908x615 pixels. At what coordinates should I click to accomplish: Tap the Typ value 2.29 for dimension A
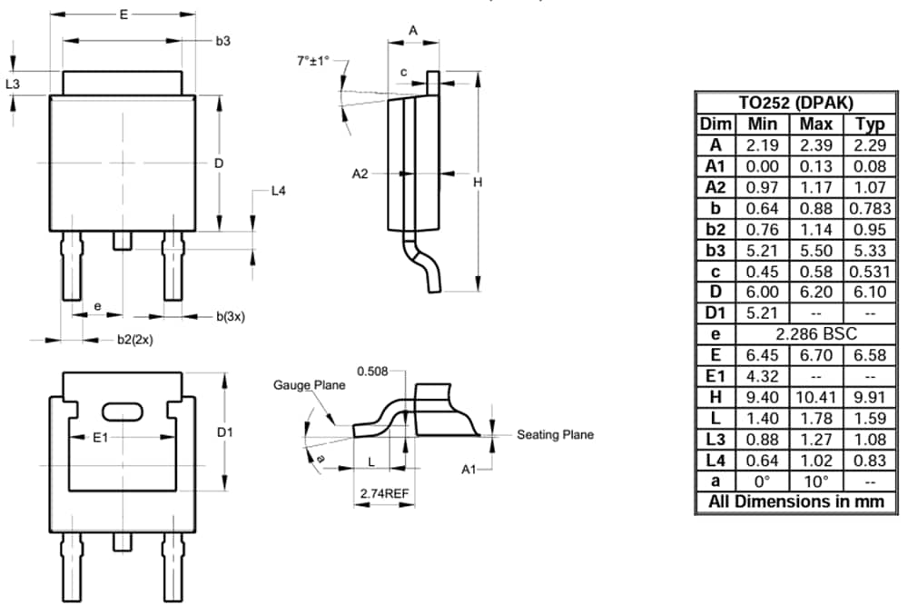866,145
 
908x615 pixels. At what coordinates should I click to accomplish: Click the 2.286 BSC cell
817,333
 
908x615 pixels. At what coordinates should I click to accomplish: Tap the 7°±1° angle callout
313,61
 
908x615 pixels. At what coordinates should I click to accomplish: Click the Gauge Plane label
310,385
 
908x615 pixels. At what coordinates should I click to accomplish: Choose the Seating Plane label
555,434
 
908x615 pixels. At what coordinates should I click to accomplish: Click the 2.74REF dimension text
385,492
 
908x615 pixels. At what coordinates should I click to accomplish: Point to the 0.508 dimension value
373,371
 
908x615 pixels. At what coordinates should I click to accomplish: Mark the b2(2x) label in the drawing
134,340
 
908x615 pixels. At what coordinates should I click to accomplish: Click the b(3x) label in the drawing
230,316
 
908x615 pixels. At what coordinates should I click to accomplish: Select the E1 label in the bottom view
101,438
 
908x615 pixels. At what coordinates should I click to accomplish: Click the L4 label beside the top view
279,192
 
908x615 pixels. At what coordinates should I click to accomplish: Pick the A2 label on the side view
360,174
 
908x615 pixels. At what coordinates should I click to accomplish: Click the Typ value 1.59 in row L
866,417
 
